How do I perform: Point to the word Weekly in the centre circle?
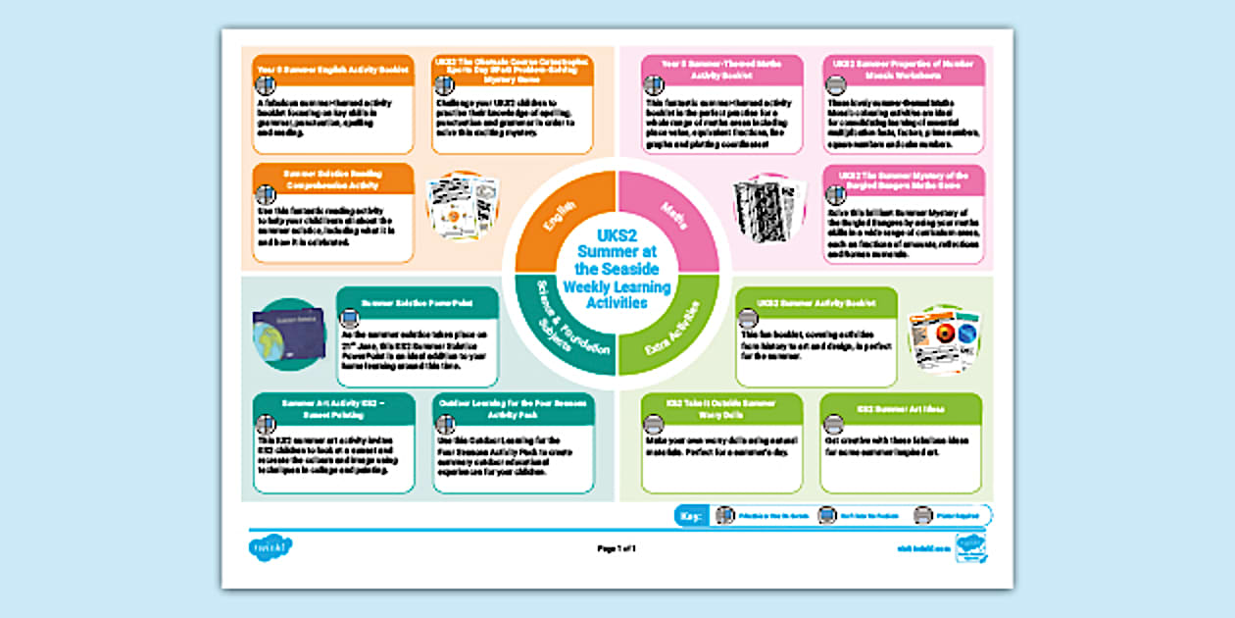click(x=593, y=286)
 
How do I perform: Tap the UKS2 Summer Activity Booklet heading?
click(x=816, y=303)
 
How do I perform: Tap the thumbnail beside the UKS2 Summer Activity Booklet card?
click(x=944, y=338)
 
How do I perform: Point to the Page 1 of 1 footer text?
click(x=617, y=548)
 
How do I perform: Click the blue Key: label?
click(x=691, y=515)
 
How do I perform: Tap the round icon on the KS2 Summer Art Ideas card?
click(x=833, y=425)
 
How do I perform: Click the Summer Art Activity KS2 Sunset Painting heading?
click(x=333, y=408)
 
